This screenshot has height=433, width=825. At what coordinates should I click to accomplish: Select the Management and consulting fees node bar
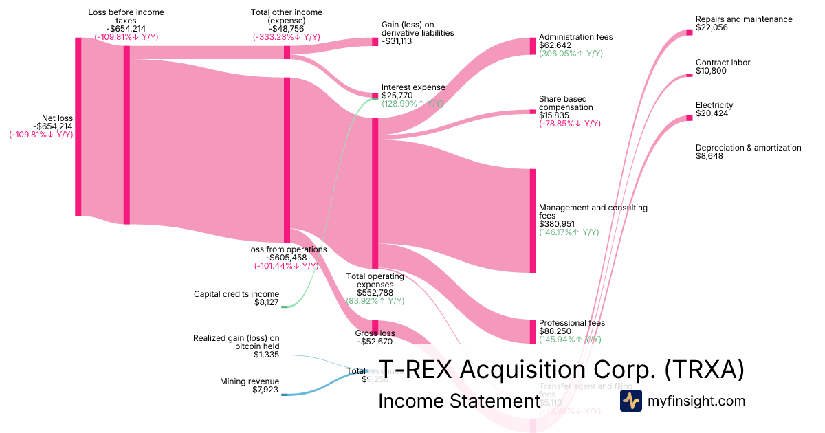[533, 220]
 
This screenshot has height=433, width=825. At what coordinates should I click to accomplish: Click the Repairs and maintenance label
[743, 19]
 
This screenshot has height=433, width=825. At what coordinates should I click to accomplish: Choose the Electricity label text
[714, 105]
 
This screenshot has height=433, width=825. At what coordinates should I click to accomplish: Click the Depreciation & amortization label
[748, 148]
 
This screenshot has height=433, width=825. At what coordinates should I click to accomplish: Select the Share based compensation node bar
[533, 111]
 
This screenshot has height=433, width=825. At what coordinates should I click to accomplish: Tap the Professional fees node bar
[533, 331]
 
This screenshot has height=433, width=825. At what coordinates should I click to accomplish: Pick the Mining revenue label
[250, 381]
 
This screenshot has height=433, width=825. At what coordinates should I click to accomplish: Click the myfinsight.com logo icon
[630, 401]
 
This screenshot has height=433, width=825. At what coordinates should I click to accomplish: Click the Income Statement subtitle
[459, 401]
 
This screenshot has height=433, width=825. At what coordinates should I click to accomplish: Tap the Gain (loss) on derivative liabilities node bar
[375, 41]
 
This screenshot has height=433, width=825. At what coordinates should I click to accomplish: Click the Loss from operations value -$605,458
[285, 258]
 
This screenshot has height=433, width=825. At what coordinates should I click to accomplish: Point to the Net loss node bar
[78, 127]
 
